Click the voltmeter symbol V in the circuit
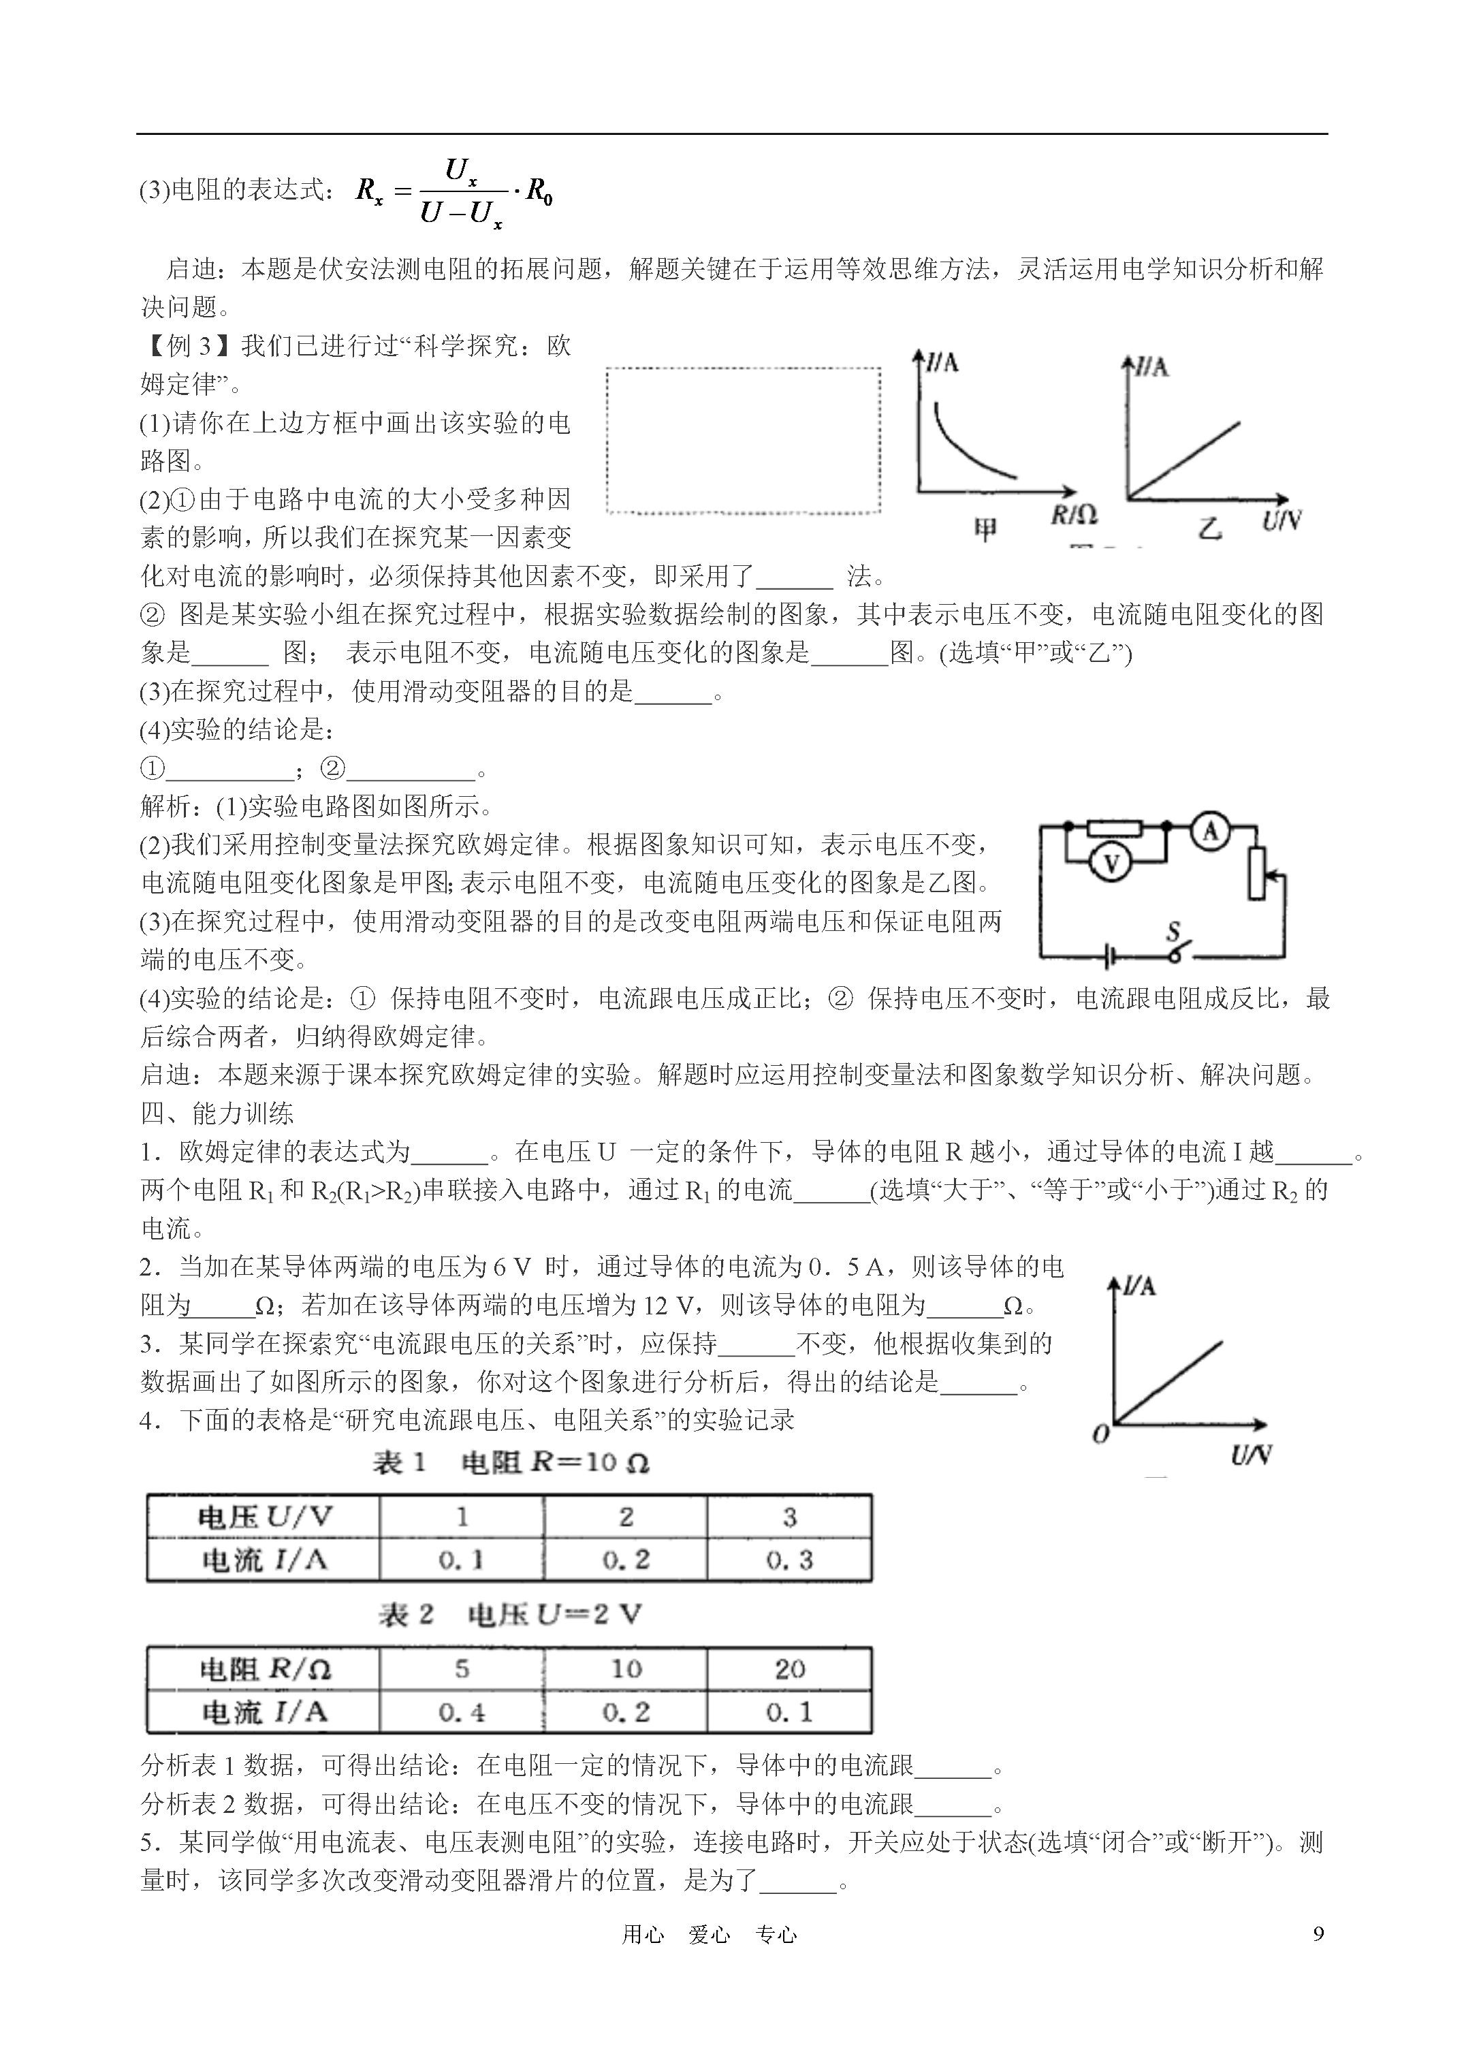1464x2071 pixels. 1111,864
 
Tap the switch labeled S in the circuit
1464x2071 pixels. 1175,948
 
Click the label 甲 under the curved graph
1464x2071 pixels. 986,528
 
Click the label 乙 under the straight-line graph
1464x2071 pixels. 1209,528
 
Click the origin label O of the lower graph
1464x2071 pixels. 1100,1434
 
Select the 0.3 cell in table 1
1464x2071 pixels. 789,1560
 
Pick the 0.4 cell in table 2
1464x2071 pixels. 461,1711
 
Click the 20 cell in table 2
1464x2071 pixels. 789,1669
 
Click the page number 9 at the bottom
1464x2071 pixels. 1319,1933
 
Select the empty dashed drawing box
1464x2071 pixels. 744,440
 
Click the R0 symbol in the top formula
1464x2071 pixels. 539,192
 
